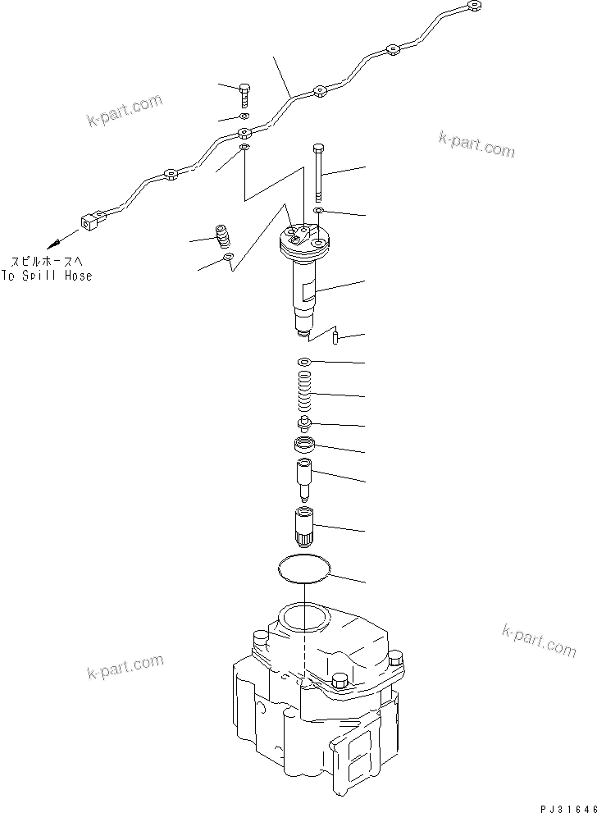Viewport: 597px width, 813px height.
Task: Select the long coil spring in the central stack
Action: (x=304, y=395)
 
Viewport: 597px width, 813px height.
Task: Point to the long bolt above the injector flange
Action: (x=317, y=171)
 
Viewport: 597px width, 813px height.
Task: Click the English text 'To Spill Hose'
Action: (x=47, y=276)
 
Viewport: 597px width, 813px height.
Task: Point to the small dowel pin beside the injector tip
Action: (x=336, y=337)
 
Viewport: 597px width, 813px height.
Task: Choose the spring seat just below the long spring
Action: (x=304, y=424)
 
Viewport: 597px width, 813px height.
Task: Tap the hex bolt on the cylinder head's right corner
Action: (x=397, y=659)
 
